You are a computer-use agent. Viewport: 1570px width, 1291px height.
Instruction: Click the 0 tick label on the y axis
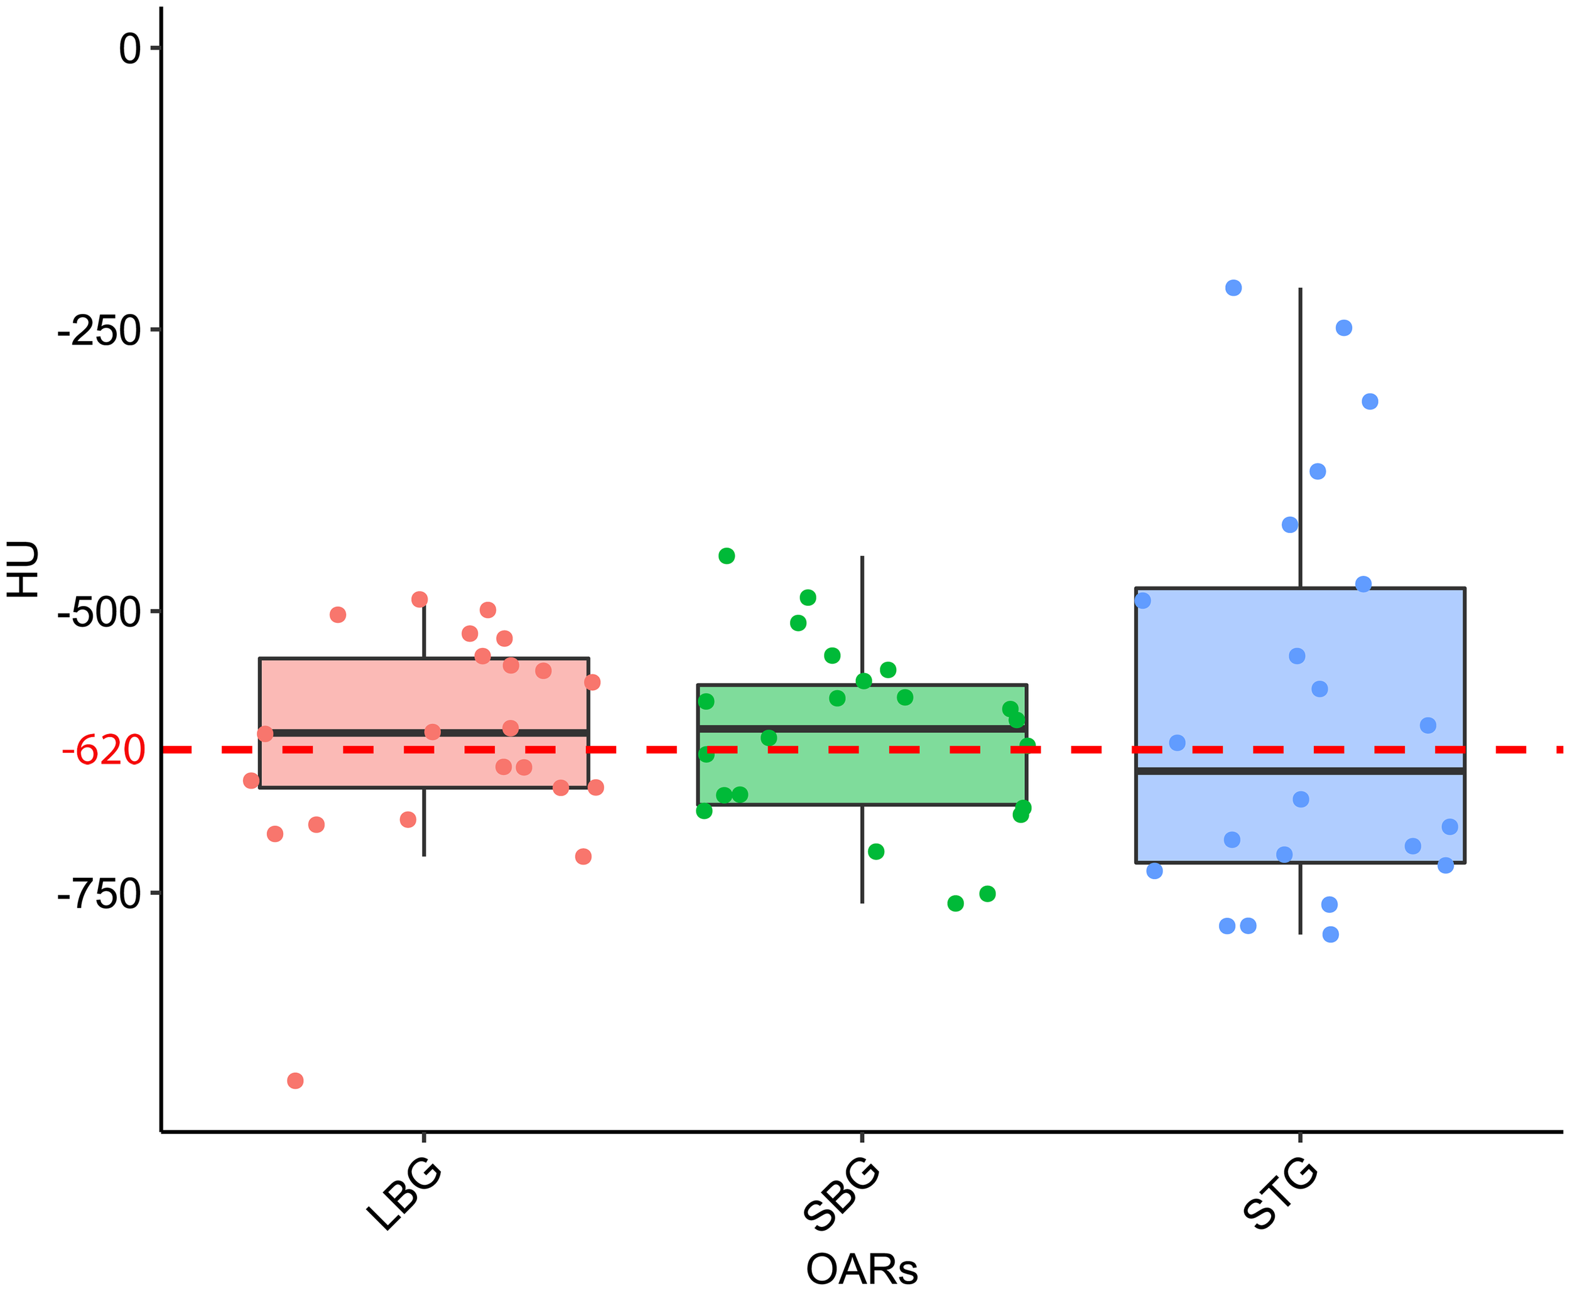click(130, 49)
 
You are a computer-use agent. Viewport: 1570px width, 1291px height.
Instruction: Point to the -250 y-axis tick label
click(100, 330)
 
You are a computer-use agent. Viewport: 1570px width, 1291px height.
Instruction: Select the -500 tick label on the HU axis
click(100, 612)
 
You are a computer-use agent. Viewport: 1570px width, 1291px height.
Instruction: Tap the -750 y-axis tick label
click(100, 894)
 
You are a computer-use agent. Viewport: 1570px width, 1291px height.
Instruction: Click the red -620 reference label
click(104, 750)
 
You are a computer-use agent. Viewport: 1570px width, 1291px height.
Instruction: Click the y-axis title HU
click(24, 569)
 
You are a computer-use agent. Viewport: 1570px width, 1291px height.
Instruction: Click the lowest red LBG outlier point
click(295, 1081)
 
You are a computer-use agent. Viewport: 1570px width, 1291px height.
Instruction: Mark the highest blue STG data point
click(1233, 288)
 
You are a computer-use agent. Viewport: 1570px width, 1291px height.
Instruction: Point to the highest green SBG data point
click(727, 556)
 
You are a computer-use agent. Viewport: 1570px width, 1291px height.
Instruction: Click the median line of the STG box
click(1299, 771)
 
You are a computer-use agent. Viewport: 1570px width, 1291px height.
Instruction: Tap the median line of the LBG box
click(423, 733)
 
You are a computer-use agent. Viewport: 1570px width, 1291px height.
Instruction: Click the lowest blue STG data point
click(1331, 934)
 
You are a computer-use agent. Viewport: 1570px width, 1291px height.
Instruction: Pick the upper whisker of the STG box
click(1300, 439)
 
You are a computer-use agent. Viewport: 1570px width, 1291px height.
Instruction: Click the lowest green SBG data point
click(956, 904)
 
